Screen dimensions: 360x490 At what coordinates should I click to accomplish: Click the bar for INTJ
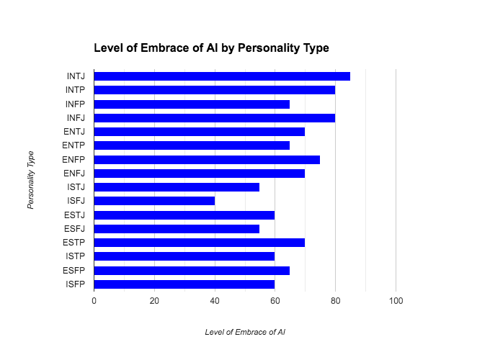[x=222, y=76]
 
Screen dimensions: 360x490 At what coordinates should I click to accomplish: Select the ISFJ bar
[x=154, y=201]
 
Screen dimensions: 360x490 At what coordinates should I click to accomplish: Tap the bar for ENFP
[x=207, y=159]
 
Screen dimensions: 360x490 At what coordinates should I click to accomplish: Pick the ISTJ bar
[x=177, y=187]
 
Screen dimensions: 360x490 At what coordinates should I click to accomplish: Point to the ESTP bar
[x=200, y=243]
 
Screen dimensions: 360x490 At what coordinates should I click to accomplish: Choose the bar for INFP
[x=192, y=104]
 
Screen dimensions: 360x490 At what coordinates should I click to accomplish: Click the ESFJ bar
[x=177, y=228]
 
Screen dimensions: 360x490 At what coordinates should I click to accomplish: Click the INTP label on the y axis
[x=75, y=90]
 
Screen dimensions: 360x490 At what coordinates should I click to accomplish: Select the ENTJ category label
[x=74, y=132]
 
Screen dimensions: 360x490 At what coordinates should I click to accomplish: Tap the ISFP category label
[x=75, y=284]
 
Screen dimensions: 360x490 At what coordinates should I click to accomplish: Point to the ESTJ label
[x=74, y=215]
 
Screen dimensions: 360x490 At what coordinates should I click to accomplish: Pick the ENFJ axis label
[x=74, y=174]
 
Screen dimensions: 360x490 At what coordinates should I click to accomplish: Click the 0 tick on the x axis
[x=94, y=300]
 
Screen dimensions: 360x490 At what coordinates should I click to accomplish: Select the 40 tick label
[x=215, y=300]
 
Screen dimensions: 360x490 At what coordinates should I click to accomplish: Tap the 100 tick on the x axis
[x=396, y=300]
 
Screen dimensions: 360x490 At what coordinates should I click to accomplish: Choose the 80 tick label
[x=335, y=300]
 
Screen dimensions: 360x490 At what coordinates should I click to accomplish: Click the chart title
[x=211, y=48]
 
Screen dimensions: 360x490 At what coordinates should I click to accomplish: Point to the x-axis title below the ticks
[x=245, y=332]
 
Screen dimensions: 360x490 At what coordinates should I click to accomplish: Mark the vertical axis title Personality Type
[x=31, y=180]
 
